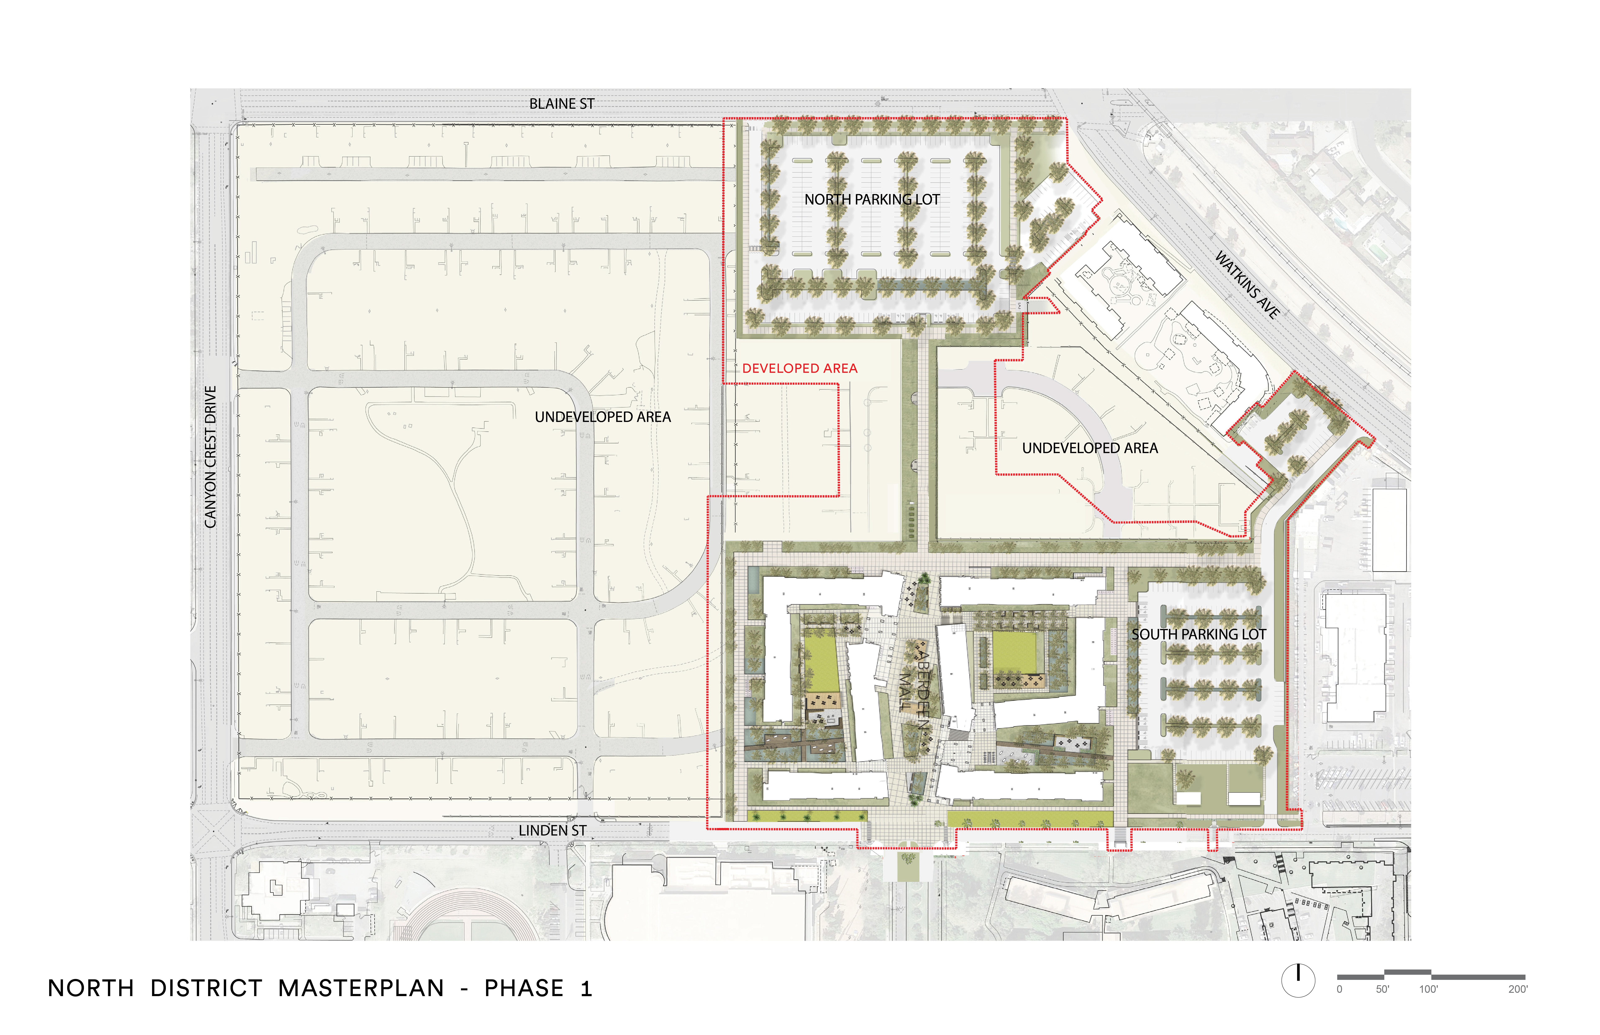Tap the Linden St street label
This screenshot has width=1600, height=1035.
(x=552, y=831)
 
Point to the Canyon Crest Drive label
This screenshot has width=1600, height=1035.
(x=210, y=457)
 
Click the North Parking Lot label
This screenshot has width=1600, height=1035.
(x=872, y=200)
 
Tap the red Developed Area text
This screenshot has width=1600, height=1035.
(x=799, y=368)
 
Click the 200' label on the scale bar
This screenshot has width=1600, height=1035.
(x=1517, y=989)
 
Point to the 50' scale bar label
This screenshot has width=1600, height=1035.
(x=1382, y=989)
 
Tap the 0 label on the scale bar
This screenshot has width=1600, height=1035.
(x=1339, y=989)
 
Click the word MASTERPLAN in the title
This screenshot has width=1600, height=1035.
(x=361, y=989)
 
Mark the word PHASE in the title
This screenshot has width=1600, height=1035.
(x=524, y=989)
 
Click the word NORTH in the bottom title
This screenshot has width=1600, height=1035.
(x=91, y=989)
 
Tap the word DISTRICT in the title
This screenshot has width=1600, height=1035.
(x=206, y=989)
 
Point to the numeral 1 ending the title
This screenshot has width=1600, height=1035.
(x=586, y=989)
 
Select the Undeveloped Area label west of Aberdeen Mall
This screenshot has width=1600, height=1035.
(x=602, y=417)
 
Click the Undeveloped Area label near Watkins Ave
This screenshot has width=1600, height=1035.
(x=1090, y=448)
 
